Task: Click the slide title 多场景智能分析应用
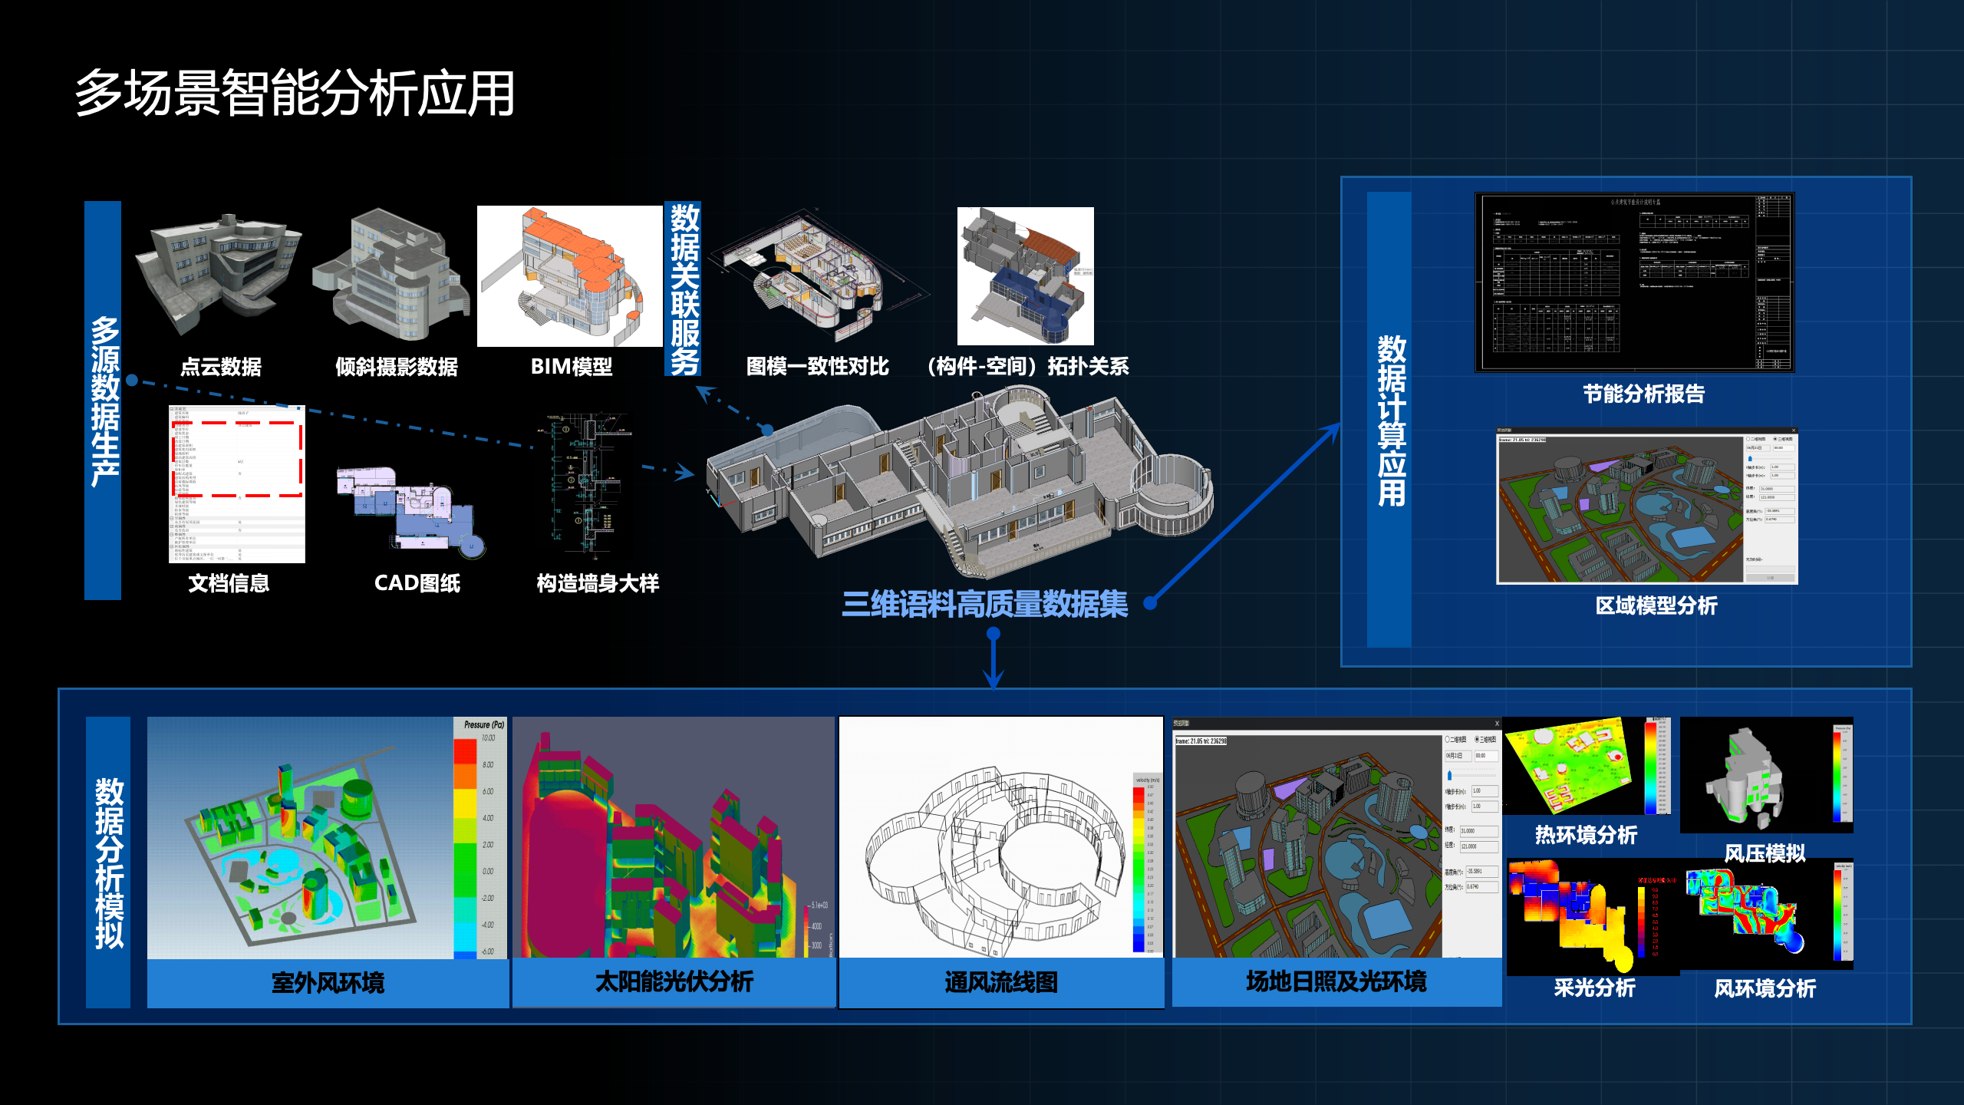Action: (295, 94)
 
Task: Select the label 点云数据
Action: (221, 367)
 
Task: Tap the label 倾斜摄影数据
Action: (397, 367)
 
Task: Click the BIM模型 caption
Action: (572, 367)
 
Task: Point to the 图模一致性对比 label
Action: (817, 367)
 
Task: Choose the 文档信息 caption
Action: (229, 583)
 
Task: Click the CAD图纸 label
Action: (417, 583)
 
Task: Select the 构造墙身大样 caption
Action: (598, 583)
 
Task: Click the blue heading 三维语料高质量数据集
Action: (985, 605)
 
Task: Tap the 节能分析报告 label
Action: (1644, 394)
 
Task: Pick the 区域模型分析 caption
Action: (1656, 606)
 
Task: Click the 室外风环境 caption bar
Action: (328, 983)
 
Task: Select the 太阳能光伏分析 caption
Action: (674, 982)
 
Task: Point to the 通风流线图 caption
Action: (1001, 983)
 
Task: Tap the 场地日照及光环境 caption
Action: (1336, 982)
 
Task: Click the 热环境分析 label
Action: (1586, 835)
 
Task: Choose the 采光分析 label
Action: (1594, 988)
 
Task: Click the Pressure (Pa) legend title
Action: (484, 725)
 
